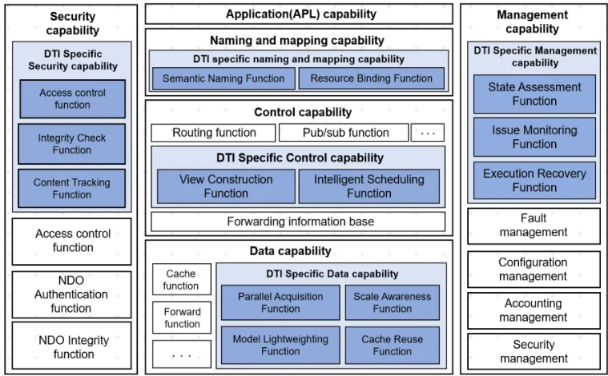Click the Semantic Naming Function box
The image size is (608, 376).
click(223, 78)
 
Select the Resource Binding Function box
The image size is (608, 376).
click(371, 78)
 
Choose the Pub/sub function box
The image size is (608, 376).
click(344, 133)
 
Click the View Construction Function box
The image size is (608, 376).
click(225, 186)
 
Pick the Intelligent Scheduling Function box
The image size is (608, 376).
click(369, 186)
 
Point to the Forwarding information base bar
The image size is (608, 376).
click(298, 222)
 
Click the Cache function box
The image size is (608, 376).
click(182, 280)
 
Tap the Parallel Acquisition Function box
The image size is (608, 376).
click(280, 302)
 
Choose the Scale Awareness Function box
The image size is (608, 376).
click(393, 302)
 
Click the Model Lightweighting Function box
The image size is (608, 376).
click(280, 345)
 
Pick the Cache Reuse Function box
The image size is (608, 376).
click(393, 345)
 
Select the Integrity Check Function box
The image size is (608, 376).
click(71, 144)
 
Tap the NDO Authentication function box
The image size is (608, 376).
click(71, 294)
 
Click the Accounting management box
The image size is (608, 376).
click(534, 311)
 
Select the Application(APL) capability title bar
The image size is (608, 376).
click(298, 14)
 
